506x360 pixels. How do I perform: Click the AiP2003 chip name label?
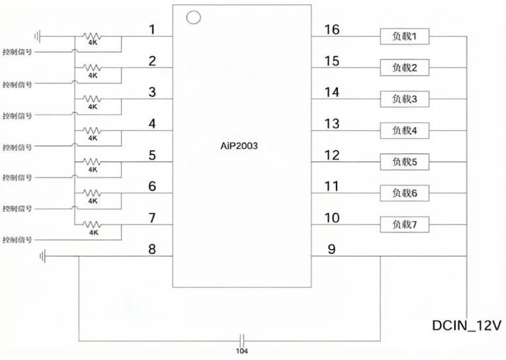(x=239, y=146)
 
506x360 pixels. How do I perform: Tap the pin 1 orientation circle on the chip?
(x=194, y=17)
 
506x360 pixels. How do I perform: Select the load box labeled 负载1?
(x=404, y=36)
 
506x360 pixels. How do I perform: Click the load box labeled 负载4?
(x=404, y=130)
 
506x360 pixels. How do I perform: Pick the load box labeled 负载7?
(x=404, y=224)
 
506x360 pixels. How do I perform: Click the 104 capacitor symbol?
(x=242, y=341)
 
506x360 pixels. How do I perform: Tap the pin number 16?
(x=332, y=29)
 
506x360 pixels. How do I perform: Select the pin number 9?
(x=331, y=249)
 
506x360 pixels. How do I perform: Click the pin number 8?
(x=152, y=249)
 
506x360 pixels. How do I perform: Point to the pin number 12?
(x=332, y=155)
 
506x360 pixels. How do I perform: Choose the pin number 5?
(x=152, y=155)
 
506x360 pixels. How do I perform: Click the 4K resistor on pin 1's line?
(x=93, y=36)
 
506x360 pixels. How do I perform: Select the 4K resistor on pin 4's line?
(x=93, y=130)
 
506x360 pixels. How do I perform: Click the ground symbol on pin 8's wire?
(x=42, y=256)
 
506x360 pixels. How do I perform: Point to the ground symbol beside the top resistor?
(x=38, y=36)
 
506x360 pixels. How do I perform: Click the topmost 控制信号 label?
(x=17, y=52)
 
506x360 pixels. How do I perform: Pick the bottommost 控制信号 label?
(x=17, y=240)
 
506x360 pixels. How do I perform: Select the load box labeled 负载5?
(x=404, y=161)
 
